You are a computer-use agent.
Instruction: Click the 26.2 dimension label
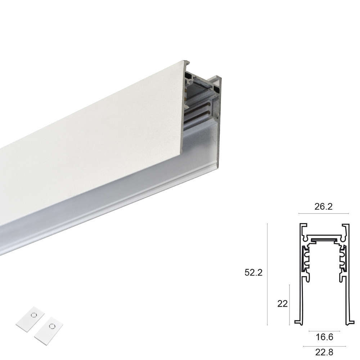tap(323, 207)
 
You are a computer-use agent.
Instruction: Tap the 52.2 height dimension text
tap(253, 273)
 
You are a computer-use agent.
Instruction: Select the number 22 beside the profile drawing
tap(282, 304)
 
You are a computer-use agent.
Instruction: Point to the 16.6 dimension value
tap(324, 337)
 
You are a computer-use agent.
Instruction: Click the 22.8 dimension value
tap(324, 352)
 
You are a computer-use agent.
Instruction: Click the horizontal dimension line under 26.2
tap(324, 213)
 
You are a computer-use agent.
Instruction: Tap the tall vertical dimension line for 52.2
tap(267, 274)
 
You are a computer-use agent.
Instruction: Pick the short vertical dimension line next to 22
tap(289, 305)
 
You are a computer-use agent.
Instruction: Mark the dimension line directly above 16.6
tap(324, 331)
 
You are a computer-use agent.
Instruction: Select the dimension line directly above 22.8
tap(324, 346)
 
